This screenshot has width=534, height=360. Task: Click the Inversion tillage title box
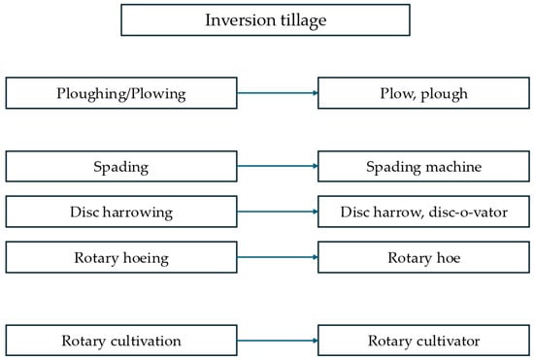pos(266,20)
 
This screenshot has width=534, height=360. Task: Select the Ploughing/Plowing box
pos(120,93)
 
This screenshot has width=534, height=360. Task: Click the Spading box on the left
pos(120,166)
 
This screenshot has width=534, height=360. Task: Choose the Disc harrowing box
pos(120,212)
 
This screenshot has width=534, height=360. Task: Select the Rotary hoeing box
pos(120,257)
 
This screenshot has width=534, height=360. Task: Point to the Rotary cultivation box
pos(120,341)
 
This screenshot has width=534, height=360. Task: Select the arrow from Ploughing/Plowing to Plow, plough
pos(277,93)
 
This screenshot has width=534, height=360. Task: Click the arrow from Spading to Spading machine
pos(277,166)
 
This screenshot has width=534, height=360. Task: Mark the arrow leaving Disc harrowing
pos(277,212)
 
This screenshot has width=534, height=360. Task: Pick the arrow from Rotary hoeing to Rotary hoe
pos(277,257)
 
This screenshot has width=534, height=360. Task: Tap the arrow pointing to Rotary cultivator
pos(277,341)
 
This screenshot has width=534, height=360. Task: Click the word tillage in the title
pos(301,20)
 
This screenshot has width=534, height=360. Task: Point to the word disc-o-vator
pos(461,212)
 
